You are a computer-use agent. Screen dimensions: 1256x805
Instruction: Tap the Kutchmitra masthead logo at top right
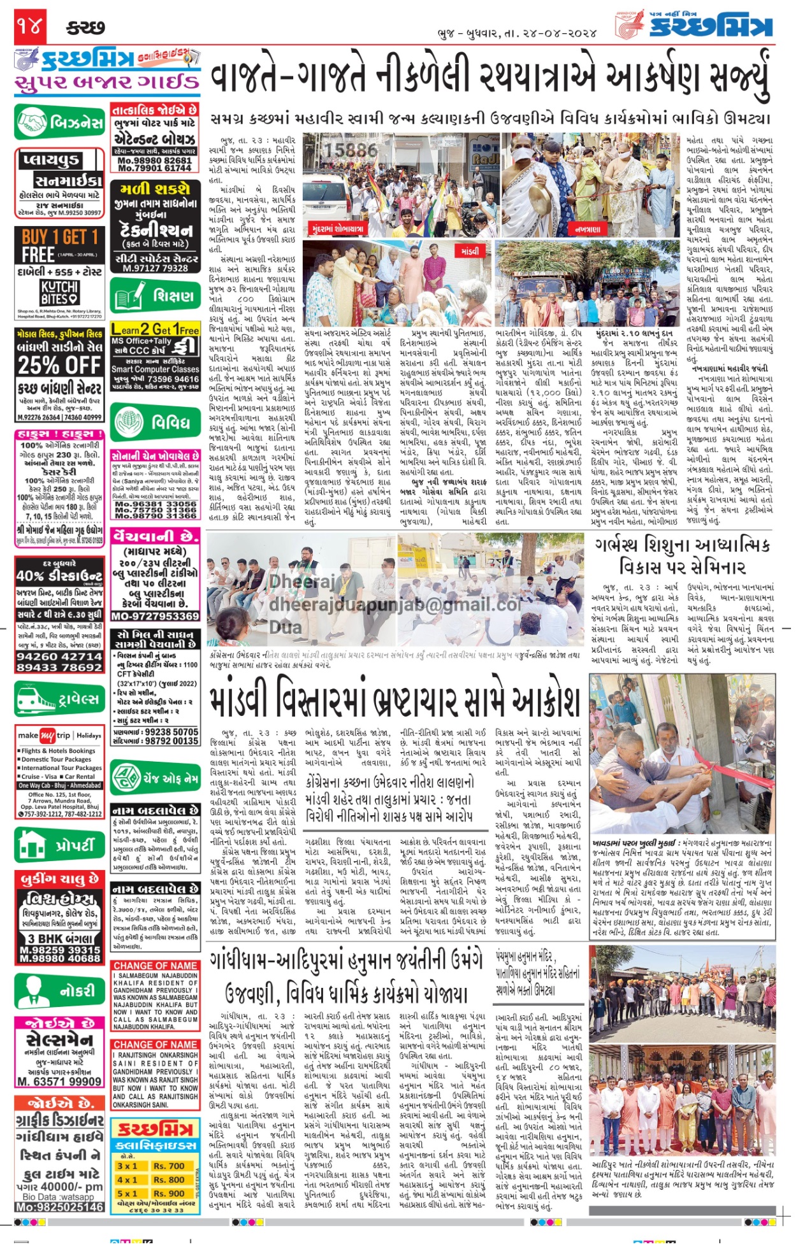[x=695, y=25]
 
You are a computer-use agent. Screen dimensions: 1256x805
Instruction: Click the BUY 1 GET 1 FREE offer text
[x=59, y=245]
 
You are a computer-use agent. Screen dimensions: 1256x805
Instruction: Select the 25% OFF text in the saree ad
[x=59, y=365]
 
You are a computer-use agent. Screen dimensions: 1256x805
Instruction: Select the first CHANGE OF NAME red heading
[x=156, y=966]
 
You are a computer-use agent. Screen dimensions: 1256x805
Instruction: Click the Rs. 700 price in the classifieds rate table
[x=168, y=1166]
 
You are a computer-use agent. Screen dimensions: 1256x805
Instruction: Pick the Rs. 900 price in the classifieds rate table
[x=168, y=1193]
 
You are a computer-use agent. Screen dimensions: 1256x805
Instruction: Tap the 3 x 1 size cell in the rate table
[x=127, y=1166]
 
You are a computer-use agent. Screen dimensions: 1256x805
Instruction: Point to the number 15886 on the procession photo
[x=351, y=150]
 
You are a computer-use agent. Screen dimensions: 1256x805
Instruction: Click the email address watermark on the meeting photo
[x=395, y=604]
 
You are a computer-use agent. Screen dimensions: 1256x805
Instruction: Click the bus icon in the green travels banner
[x=32, y=699]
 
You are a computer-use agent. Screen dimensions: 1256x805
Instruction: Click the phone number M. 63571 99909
[x=59, y=1081]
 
